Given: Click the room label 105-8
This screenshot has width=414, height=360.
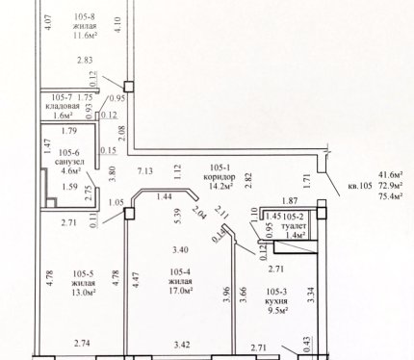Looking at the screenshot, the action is click(x=85, y=16).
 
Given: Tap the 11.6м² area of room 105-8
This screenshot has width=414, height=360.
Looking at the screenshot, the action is click(x=86, y=35).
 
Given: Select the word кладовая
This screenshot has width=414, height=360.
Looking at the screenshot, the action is click(x=63, y=106).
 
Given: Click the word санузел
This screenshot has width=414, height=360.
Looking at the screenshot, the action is click(x=69, y=162).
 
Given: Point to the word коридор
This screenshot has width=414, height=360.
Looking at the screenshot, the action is click(x=220, y=177).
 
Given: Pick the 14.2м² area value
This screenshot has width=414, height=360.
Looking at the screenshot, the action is click(x=220, y=186).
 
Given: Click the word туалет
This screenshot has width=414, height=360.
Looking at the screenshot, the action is click(x=294, y=226).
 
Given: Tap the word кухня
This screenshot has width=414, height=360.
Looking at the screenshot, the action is click(x=276, y=301).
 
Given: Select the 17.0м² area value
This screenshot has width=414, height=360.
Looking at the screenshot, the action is click(x=180, y=291).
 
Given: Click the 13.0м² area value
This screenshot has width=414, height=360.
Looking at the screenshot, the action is click(x=84, y=293).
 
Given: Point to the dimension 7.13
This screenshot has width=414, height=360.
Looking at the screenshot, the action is click(x=145, y=171).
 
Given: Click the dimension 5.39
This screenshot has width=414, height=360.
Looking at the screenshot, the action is click(x=179, y=216).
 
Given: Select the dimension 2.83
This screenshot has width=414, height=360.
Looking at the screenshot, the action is click(x=85, y=60).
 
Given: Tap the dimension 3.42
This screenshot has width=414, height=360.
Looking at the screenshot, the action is click(x=182, y=345).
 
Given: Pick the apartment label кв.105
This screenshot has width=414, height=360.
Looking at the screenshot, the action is click(x=360, y=186).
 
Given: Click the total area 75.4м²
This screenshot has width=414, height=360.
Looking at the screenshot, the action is click(x=391, y=196).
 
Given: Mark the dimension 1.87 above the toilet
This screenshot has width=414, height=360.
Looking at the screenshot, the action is click(x=290, y=201).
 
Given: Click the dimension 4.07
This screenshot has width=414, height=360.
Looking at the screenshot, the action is click(x=49, y=22).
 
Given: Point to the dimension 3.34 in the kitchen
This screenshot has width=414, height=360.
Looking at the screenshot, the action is click(x=311, y=296).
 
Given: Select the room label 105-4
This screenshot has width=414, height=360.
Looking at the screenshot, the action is click(x=180, y=272).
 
